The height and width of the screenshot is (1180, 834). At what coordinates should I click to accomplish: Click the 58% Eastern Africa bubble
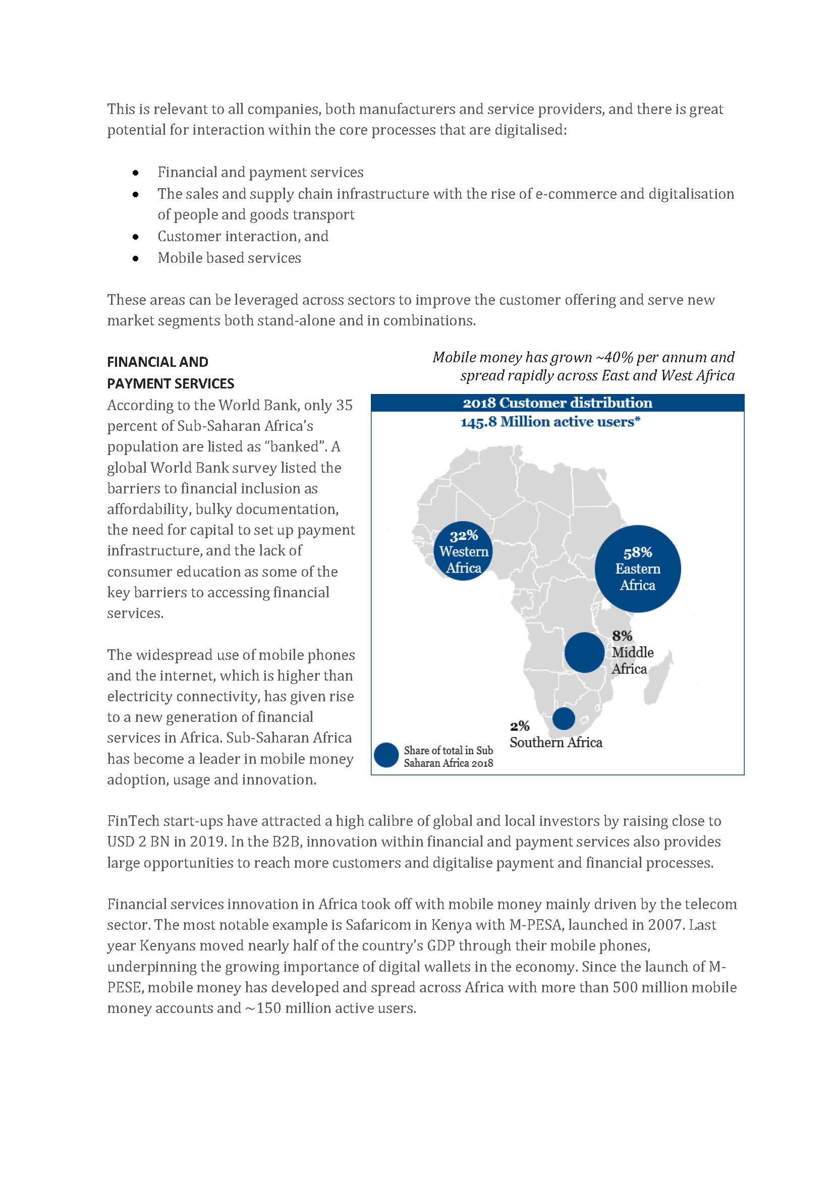coord(637,569)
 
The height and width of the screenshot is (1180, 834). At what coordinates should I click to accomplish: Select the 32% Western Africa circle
coord(464,551)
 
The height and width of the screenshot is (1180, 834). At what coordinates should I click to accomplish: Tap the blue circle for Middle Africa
coord(584,652)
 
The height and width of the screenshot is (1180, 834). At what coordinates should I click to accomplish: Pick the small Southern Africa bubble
coord(564,718)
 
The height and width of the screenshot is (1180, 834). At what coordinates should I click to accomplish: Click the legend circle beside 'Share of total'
coord(386,756)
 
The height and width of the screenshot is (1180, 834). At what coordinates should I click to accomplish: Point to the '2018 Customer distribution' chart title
coord(557,403)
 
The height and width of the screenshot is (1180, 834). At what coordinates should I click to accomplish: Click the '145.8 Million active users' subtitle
coord(550,422)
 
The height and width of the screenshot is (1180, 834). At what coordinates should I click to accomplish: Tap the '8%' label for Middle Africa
coord(622,636)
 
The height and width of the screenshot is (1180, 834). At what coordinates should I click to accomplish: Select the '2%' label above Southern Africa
coord(520,725)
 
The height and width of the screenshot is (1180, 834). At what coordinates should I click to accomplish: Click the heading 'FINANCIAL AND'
coord(157,362)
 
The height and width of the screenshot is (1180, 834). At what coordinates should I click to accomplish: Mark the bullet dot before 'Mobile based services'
coord(136,258)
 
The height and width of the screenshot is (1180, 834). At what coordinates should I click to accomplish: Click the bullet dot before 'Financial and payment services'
coord(136,173)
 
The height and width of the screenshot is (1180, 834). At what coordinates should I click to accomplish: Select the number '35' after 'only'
coord(344,405)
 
